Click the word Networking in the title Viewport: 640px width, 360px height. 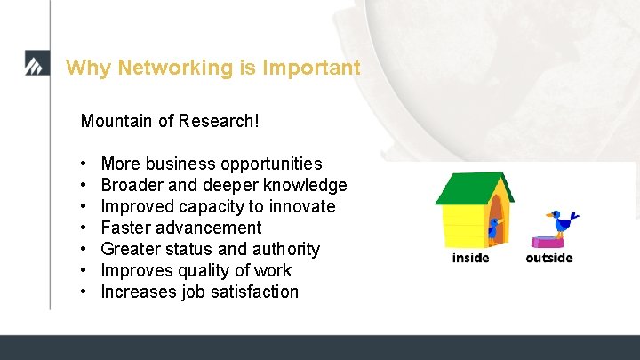click(167, 68)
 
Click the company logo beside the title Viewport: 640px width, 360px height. click(37, 66)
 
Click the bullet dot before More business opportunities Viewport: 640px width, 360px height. click(82, 164)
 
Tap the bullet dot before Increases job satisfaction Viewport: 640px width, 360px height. click(82, 292)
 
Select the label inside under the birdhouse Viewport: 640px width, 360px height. click(470, 259)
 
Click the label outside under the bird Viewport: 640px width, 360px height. click(548, 259)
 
